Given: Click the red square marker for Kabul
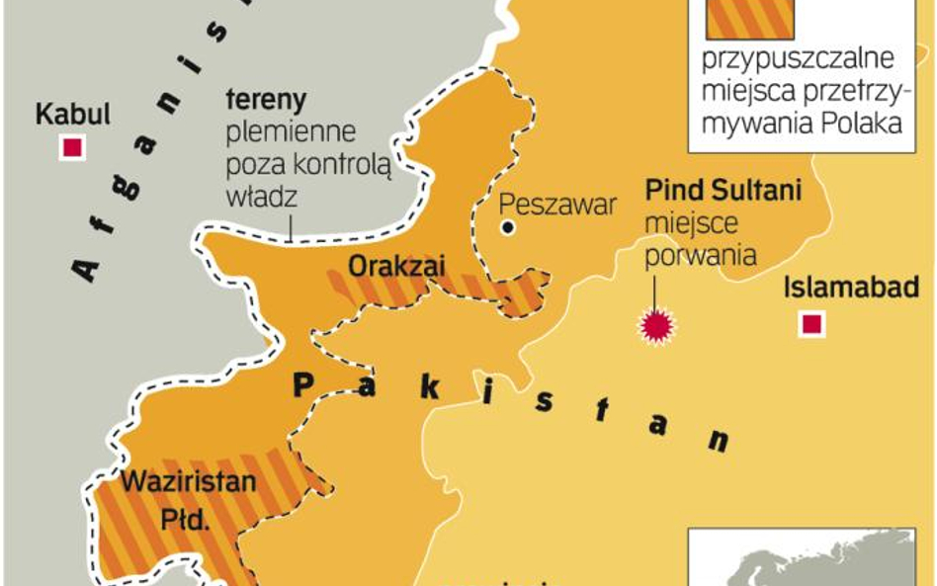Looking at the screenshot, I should (71, 148).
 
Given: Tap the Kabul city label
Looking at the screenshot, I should (72, 114).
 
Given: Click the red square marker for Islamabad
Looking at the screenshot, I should (812, 324).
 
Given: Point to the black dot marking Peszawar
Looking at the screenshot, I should (508, 227).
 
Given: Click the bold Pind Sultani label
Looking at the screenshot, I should (723, 190).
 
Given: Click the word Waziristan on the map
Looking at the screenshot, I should (189, 483).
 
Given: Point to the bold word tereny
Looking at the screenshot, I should (266, 100).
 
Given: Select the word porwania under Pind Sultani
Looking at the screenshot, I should (701, 254).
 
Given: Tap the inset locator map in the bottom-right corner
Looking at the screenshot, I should (810, 557).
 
